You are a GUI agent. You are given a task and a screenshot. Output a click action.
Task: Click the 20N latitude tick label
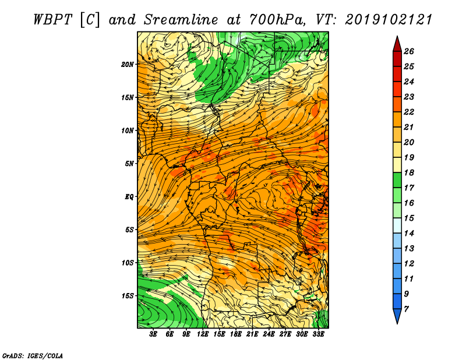(x=127, y=65)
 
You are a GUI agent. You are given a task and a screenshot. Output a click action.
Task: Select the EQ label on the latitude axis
(x=129, y=197)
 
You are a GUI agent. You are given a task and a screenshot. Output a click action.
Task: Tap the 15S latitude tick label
(x=127, y=296)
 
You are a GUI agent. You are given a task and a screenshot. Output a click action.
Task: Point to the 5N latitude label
(x=129, y=164)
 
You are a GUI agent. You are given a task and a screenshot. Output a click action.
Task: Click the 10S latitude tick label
(x=127, y=263)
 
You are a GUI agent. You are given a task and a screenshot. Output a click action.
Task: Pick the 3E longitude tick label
(x=153, y=334)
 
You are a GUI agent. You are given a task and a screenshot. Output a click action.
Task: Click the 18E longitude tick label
(x=236, y=334)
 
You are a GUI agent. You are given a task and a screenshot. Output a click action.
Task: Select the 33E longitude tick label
(x=318, y=334)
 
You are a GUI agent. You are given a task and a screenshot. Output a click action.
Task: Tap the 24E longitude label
(x=269, y=334)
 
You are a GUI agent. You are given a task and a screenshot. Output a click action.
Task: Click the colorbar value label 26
(x=409, y=51)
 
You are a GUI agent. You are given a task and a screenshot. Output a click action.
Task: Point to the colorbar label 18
(x=409, y=172)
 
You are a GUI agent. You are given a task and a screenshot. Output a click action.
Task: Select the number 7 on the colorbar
(x=406, y=309)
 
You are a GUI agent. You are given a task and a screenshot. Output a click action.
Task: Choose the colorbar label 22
(x=409, y=112)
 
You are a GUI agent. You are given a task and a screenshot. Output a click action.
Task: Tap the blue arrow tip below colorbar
(x=397, y=323)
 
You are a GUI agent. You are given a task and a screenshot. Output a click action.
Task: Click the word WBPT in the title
(x=52, y=20)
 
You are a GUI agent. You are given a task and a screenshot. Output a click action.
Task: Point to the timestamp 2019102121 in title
(x=389, y=20)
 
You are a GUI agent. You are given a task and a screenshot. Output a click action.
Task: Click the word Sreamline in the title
(x=181, y=20)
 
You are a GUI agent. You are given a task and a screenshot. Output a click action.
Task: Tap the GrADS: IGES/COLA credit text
(x=33, y=356)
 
